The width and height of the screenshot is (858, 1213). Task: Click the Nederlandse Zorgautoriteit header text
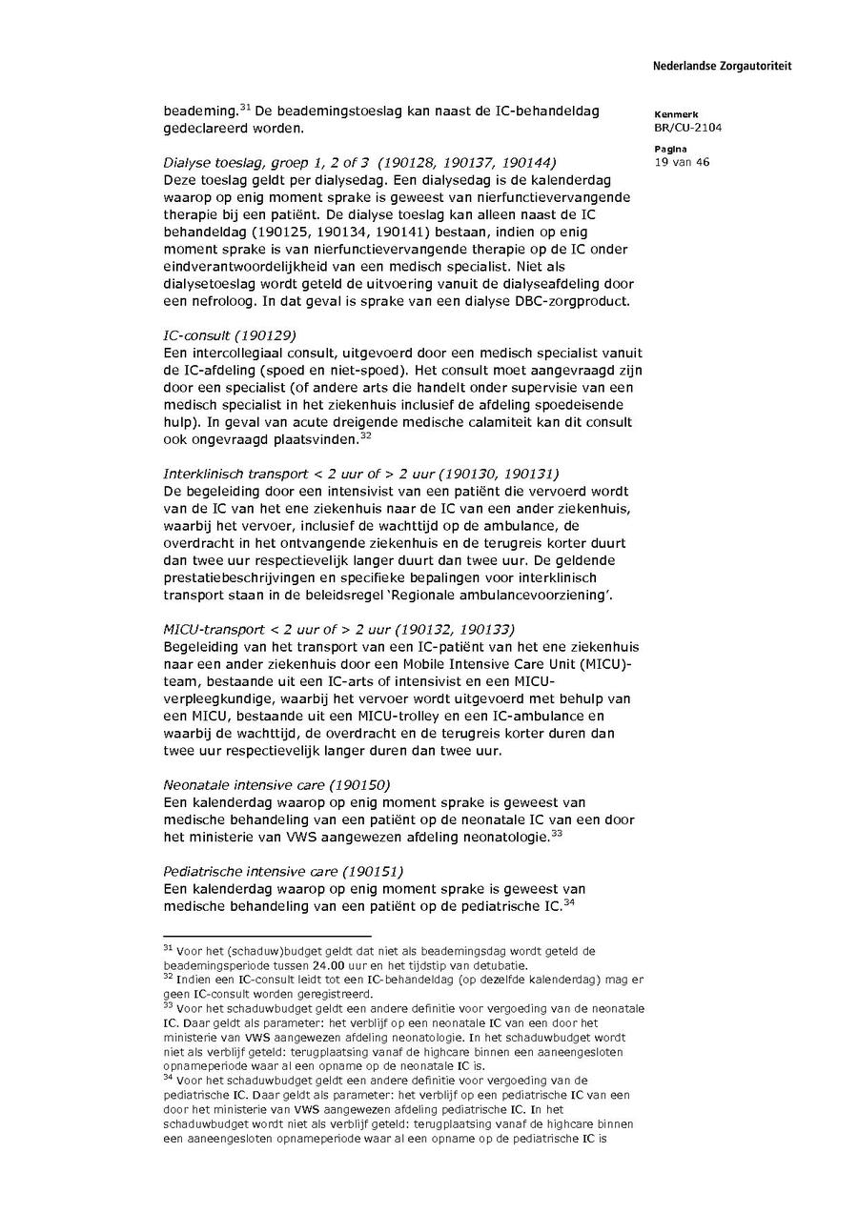tap(722, 67)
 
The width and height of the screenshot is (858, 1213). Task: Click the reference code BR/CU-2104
tap(687, 127)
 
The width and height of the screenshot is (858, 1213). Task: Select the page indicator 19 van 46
tap(682, 162)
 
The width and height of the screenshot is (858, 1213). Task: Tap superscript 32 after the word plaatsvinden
tap(365, 435)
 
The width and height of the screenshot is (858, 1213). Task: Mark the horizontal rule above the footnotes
tap(267, 937)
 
